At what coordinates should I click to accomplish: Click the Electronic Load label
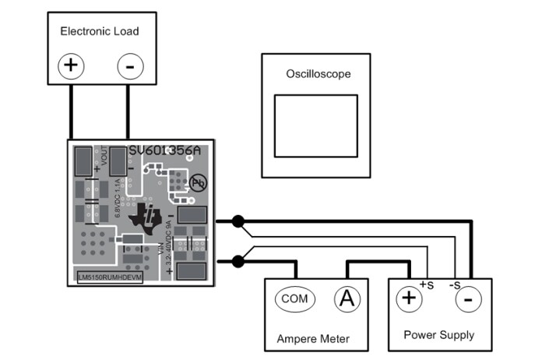[100, 32]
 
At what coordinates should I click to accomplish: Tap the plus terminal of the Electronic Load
[71, 65]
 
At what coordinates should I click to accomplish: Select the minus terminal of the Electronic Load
[130, 66]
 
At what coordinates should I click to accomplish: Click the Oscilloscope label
[318, 75]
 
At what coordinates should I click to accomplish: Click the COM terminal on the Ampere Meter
[294, 298]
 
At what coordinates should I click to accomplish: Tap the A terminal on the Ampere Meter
[347, 298]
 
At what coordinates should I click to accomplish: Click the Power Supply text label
[438, 335]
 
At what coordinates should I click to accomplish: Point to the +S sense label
[426, 284]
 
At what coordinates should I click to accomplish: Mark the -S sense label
[453, 284]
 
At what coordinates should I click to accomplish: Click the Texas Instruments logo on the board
[150, 217]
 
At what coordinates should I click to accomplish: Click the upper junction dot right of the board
[238, 221]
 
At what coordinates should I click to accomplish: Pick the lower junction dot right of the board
[238, 261]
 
